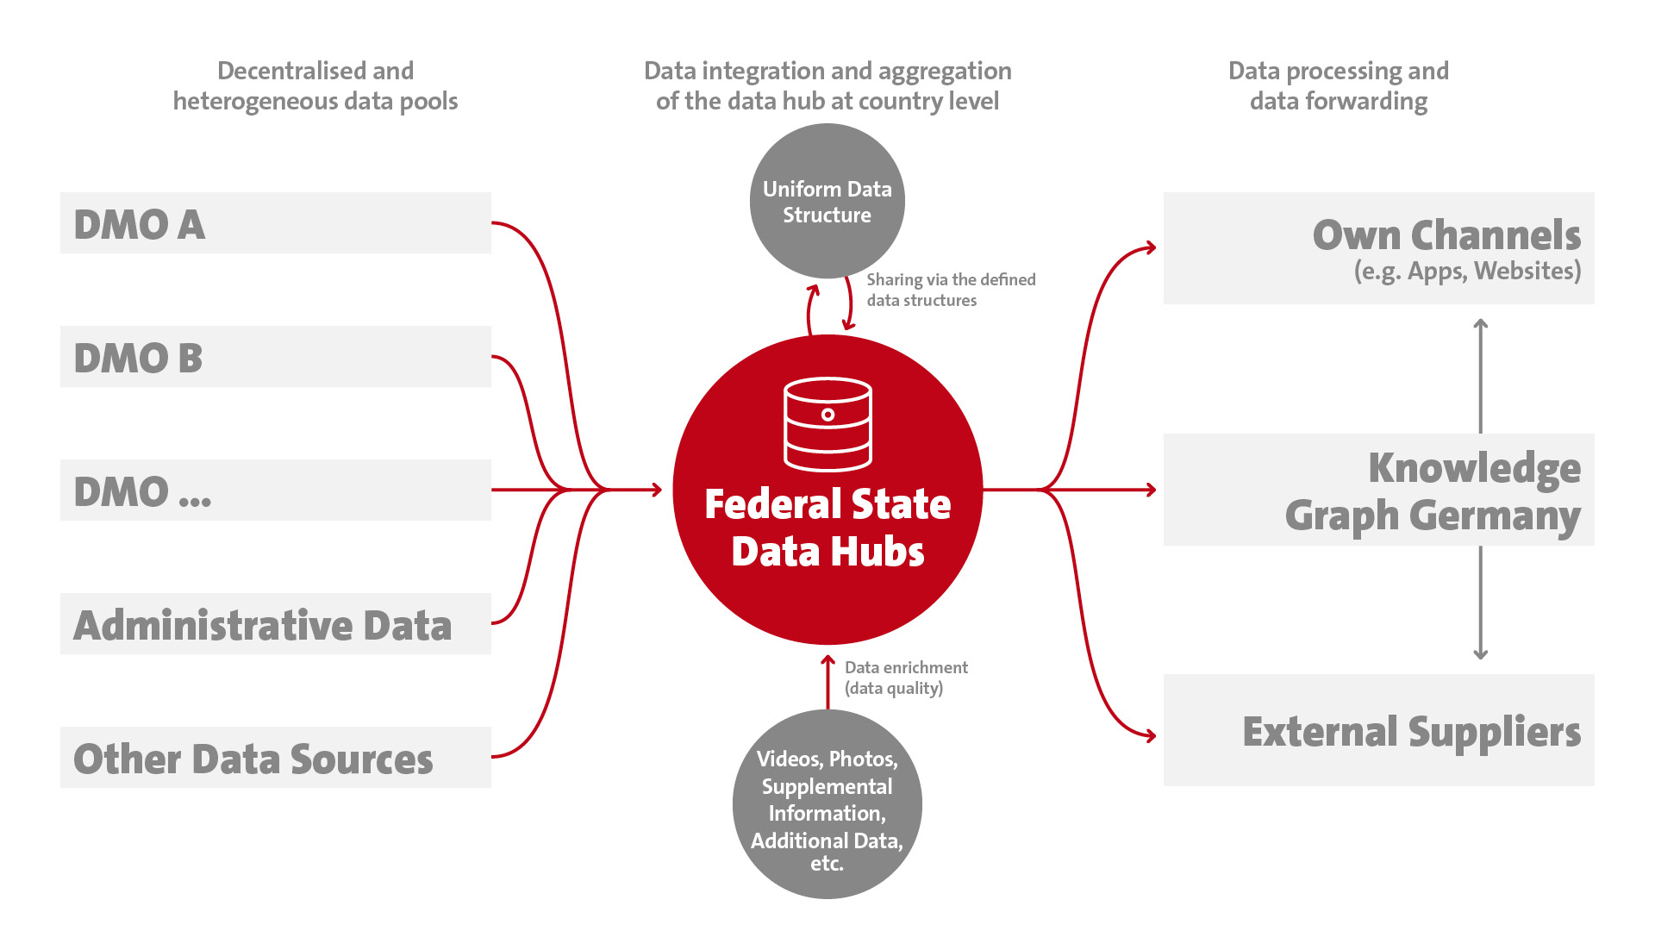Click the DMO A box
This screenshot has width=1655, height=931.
pos(276,222)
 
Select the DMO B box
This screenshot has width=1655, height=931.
pos(276,356)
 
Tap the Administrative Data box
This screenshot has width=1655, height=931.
pos(276,623)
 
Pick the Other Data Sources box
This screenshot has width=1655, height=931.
pos(276,757)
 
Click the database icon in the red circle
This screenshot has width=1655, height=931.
pos(827,424)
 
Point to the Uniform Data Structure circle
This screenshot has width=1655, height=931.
pos(827,201)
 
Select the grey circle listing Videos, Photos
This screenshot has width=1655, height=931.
pos(827,804)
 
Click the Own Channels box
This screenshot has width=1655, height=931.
pos(1379,248)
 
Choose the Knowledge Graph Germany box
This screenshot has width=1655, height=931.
pos(1379,490)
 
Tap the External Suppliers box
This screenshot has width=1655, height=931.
pos(1379,730)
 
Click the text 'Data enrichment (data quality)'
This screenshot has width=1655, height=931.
pos(906,678)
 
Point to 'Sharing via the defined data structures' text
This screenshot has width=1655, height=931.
pos(951,290)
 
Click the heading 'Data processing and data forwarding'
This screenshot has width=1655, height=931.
pos(1339,86)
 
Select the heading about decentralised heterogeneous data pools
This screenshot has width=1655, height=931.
pos(315,86)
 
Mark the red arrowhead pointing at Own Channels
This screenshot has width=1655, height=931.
pos(1150,248)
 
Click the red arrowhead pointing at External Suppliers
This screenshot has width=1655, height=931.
pos(1150,735)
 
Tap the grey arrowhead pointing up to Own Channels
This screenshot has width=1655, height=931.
pos(1481,325)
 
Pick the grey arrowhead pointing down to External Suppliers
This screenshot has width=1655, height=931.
pos(1481,654)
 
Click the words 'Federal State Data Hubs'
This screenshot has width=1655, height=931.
pos(827,528)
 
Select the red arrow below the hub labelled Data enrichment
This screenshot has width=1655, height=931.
pos(827,683)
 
